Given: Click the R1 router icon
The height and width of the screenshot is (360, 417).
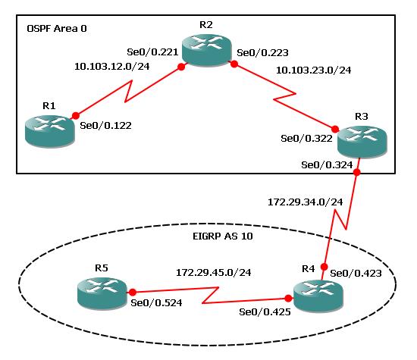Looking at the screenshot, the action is tap(50, 131).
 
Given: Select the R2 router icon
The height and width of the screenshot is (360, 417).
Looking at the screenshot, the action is tap(206, 51).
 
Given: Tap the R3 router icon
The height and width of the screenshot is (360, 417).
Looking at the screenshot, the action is tap(362, 142).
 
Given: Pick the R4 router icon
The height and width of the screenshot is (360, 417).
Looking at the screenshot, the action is tap(318, 296).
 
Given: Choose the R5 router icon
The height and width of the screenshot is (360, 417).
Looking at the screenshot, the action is tap(102, 293).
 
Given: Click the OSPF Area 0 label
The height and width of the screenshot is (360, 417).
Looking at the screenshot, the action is tap(57, 29).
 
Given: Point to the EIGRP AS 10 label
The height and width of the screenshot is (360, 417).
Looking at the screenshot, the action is tap(223, 236).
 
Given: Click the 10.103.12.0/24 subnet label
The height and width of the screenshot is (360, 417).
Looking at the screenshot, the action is tap(112, 67).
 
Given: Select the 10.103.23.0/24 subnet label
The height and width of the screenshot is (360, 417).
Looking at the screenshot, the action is tap(314, 70).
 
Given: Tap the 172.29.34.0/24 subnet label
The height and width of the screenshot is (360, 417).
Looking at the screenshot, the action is tap(305, 202).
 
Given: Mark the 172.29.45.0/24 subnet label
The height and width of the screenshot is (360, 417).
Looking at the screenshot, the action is tap(214, 273).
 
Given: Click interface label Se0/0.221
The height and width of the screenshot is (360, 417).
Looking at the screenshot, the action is tap(152, 52).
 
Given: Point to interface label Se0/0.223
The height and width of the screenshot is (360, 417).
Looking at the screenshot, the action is tap(262, 52).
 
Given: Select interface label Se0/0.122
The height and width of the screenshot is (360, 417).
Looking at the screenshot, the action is tap(105, 126).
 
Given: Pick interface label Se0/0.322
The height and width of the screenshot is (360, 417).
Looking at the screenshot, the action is tap(306, 139).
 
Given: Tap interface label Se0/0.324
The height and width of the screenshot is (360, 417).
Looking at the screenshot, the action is tap(327, 165).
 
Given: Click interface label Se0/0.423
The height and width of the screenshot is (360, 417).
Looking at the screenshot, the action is tap(356, 274).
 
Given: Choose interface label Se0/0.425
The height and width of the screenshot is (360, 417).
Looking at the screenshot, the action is tap(265, 312).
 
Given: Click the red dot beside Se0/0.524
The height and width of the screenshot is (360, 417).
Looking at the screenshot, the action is tap(133, 293).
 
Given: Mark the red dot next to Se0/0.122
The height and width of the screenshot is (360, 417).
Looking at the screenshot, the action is tap(76, 116).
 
